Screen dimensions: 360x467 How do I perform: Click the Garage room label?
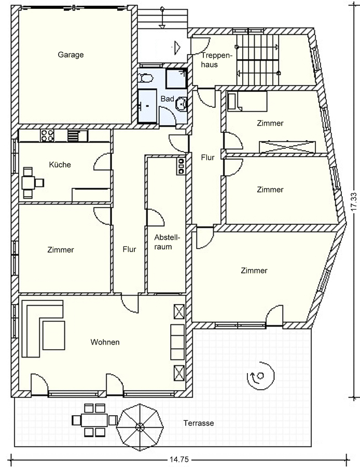(71, 55)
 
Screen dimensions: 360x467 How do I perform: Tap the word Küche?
(60, 164)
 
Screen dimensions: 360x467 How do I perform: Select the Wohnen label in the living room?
(105, 342)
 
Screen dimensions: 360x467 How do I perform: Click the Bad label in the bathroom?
(168, 99)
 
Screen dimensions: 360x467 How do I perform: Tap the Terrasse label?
(199, 423)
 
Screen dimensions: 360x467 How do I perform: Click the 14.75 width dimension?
(179, 460)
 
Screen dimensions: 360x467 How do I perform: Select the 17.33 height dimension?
(353, 202)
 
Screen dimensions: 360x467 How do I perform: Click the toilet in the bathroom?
(146, 77)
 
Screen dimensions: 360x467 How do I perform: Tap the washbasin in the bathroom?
(182, 103)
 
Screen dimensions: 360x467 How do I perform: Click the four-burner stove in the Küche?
(47, 136)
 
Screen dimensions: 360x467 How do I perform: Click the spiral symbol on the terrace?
(260, 376)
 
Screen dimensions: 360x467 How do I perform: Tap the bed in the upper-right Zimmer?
(247, 102)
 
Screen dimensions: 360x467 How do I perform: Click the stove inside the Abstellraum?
(181, 166)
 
